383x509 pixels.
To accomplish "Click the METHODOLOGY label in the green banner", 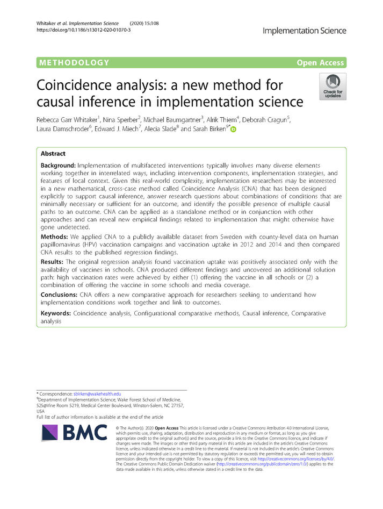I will click(74, 62).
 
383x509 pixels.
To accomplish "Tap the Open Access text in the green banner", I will click(320, 62).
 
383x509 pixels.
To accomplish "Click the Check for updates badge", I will click(333, 86).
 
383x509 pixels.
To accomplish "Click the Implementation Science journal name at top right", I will click(304, 31).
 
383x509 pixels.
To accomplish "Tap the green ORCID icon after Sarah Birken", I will click(233, 130).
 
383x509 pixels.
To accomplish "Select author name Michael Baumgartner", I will click(176, 119).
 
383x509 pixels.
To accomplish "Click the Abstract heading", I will click(57, 153).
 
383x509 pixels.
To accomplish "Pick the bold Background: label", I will click(57, 166).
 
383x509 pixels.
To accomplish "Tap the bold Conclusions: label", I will click(59, 295).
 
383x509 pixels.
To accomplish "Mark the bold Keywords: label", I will click(56, 313).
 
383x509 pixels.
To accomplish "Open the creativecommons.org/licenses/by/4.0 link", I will click(296, 459).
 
